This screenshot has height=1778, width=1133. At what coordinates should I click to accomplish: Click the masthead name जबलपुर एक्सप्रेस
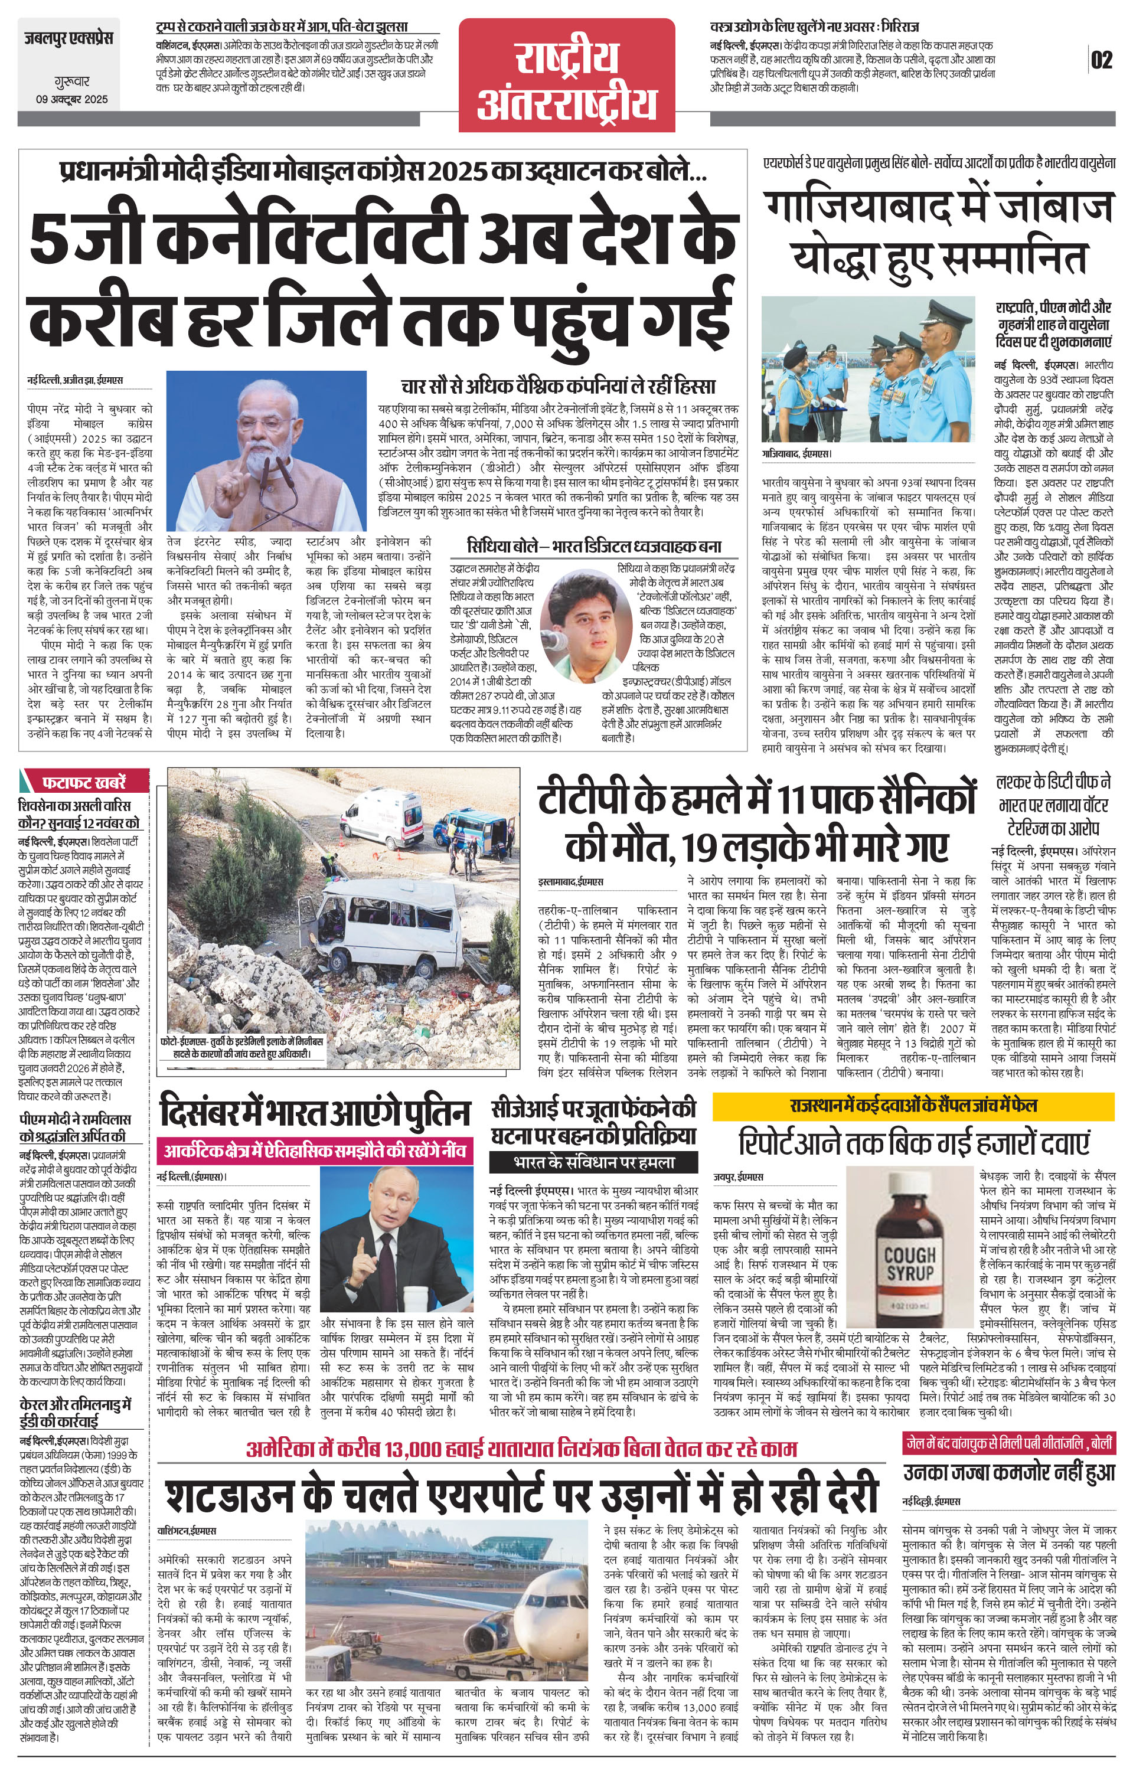67,38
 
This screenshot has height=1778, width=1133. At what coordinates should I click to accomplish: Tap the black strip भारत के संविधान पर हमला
593,1162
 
